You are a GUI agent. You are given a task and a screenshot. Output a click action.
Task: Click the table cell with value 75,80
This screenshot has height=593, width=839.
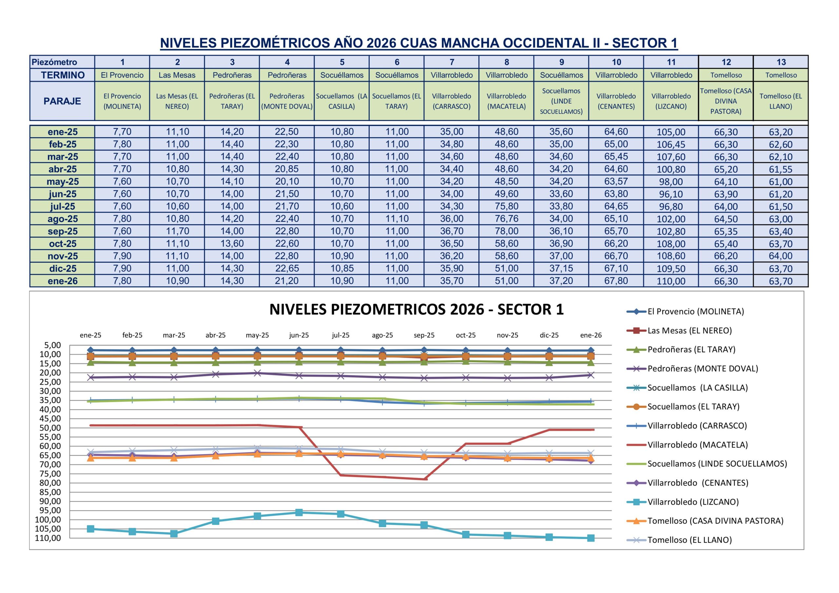506,206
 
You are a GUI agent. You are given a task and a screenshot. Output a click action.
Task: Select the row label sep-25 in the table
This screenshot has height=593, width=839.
63,231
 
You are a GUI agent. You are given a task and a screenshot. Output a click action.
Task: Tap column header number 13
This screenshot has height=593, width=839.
781,62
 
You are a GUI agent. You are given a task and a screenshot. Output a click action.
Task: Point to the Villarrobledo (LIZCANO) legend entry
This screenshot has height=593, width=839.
693,502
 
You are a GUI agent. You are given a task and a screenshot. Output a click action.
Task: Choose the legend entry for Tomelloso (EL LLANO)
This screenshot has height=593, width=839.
690,540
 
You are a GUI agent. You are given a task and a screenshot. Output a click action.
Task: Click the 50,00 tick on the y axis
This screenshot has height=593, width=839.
51,428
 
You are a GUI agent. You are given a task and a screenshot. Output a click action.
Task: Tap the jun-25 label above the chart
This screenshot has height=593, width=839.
299,335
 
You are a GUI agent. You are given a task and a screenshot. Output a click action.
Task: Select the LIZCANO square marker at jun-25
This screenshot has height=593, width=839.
299,513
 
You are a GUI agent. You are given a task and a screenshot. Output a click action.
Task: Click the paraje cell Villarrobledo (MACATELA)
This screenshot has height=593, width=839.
506,101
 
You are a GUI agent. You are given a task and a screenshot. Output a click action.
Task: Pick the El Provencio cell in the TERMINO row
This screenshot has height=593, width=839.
122,75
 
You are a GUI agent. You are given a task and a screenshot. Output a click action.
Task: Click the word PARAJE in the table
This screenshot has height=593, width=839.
63,101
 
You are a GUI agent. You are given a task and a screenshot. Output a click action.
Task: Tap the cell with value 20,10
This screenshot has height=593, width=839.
287,182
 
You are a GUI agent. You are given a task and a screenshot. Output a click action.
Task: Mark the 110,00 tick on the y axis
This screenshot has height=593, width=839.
48,538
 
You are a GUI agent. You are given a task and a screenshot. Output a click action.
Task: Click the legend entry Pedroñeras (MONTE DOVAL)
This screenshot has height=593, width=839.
702,369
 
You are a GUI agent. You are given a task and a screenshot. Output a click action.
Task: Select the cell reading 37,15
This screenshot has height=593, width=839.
561,269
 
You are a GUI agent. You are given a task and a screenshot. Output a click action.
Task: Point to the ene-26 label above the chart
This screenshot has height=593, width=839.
591,335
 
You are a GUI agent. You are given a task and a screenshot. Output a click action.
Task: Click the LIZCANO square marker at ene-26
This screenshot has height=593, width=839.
591,538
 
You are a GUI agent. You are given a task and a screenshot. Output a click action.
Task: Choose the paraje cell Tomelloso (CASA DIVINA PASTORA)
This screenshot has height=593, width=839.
726,101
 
